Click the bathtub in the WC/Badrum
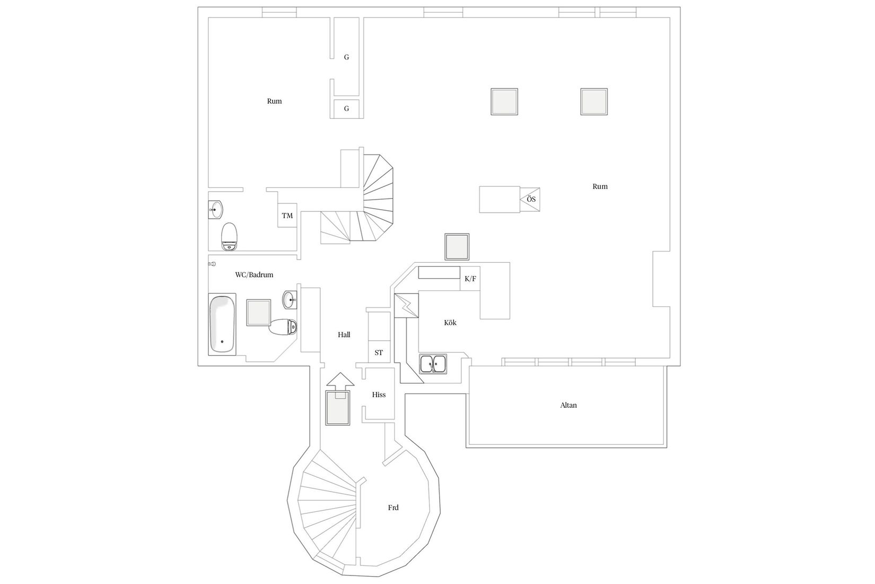pos(222,324)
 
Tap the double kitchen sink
pos(433,364)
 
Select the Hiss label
pos(379,394)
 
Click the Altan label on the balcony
pos(568,405)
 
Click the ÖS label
pos(531,199)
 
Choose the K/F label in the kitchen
pos(470,279)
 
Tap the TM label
pos(287,216)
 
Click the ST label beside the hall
pos(379,353)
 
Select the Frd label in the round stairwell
pos(393,508)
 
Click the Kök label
pos(450,323)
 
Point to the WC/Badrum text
pos(254,275)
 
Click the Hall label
pos(344,335)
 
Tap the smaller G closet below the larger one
pos(346,109)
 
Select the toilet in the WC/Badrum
pos(283,327)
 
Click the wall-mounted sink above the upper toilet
pos(215,210)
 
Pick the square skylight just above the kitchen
pos(457,247)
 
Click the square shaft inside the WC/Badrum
pos(259,313)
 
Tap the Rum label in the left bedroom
pos(274,101)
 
